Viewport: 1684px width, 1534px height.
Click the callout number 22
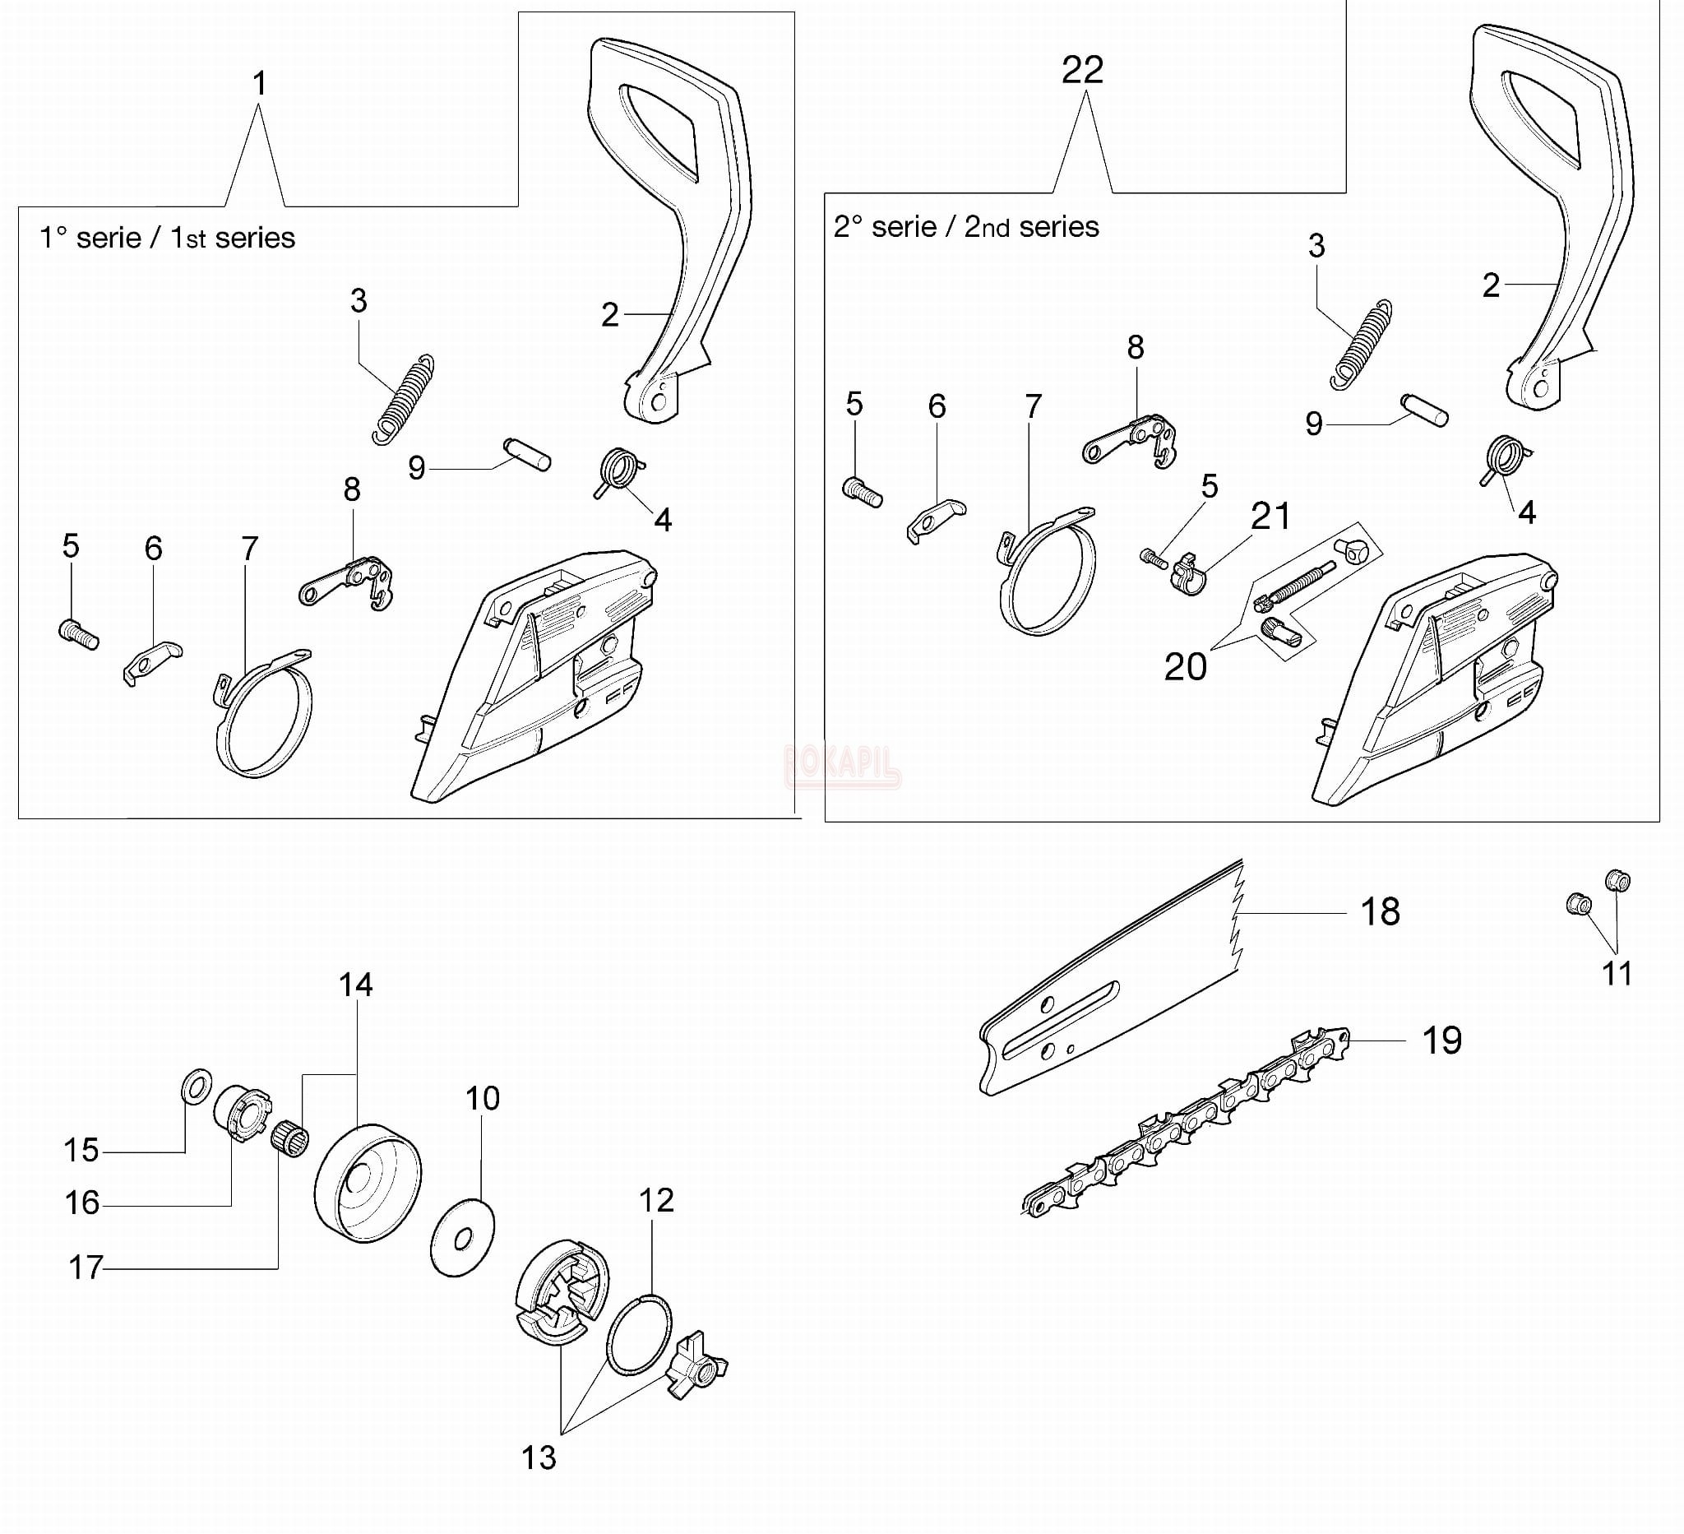tap(1083, 70)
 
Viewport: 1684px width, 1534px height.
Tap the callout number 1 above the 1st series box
tap(260, 84)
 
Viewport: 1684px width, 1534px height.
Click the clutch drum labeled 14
tap(368, 1183)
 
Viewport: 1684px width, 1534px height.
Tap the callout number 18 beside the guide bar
tap(1380, 911)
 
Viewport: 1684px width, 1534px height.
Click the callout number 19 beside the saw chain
tap(1441, 1040)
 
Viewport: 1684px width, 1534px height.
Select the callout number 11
tap(1617, 973)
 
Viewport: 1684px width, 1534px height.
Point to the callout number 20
tap(1185, 667)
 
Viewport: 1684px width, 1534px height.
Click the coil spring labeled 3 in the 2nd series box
tap(1361, 345)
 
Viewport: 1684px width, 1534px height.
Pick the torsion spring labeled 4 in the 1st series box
tap(620, 471)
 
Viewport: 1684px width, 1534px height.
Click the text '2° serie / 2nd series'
tap(965, 226)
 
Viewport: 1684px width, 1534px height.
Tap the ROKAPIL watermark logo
tap(842, 764)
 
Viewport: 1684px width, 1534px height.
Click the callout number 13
tap(539, 1458)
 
